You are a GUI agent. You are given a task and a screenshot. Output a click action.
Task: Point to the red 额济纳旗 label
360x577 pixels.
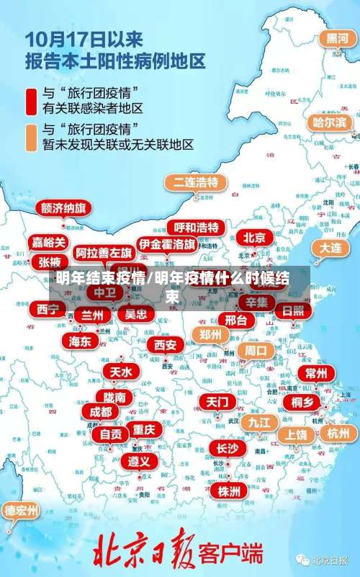63,207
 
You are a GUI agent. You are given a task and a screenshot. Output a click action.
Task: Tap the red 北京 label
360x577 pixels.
253,237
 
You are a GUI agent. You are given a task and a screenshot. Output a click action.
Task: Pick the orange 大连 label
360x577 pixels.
330,246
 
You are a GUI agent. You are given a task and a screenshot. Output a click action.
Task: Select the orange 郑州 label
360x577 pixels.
210,335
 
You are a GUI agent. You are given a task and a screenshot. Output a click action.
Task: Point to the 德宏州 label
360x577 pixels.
22,511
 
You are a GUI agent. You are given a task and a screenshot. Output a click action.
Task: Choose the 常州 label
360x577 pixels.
315,373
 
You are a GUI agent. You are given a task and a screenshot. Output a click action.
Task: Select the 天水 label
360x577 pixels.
121,372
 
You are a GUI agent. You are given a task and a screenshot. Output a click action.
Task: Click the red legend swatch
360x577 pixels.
32,102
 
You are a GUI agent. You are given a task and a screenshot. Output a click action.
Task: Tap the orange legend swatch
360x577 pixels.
32,136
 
